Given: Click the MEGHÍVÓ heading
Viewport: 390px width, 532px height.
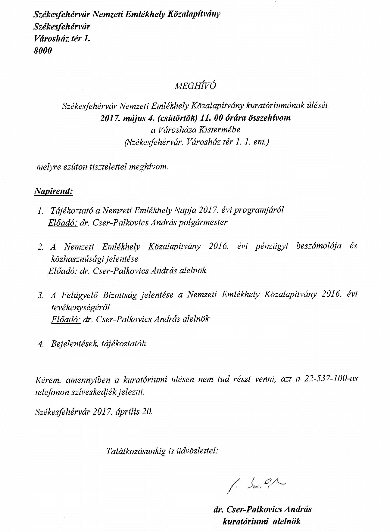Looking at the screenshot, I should click(195, 86).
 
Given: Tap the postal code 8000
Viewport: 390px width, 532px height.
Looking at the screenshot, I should click(43, 51).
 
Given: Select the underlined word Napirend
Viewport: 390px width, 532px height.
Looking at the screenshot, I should click(54, 191).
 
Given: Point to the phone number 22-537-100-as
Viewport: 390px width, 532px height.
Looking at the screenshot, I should click(331, 379).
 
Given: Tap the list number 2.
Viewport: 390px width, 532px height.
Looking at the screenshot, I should click(40, 247).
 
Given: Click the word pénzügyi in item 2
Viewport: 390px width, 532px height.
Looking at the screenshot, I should click(271, 246).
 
